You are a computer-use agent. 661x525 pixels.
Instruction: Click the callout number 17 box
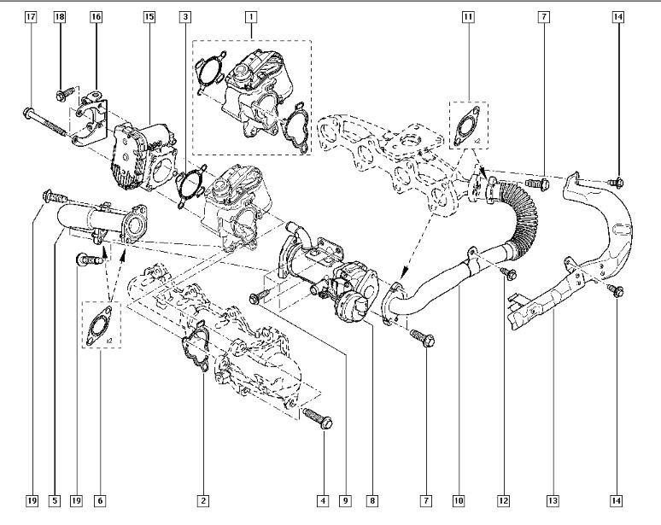(31, 17)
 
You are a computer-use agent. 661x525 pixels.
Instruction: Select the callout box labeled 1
(251, 17)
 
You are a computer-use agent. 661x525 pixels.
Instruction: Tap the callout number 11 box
(468, 17)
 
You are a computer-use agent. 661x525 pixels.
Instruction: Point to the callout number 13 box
(553, 500)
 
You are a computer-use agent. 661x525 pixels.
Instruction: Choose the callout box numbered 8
(372, 500)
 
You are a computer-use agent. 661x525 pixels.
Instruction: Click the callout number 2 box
(203, 500)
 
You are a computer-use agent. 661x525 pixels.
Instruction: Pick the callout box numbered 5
(55, 500)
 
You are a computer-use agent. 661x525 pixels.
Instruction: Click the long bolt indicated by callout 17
(44, 122)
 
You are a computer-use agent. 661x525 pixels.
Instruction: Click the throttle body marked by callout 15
(143, 158)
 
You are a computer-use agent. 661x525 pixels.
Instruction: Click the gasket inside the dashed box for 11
(466, 125)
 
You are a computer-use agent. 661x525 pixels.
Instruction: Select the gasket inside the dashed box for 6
(99, 326)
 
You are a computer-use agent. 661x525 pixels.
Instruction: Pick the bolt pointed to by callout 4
(318, 418)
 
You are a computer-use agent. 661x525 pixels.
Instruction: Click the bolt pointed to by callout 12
(508, 273)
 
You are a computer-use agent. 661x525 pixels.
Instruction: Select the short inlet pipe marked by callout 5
(101, 222)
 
